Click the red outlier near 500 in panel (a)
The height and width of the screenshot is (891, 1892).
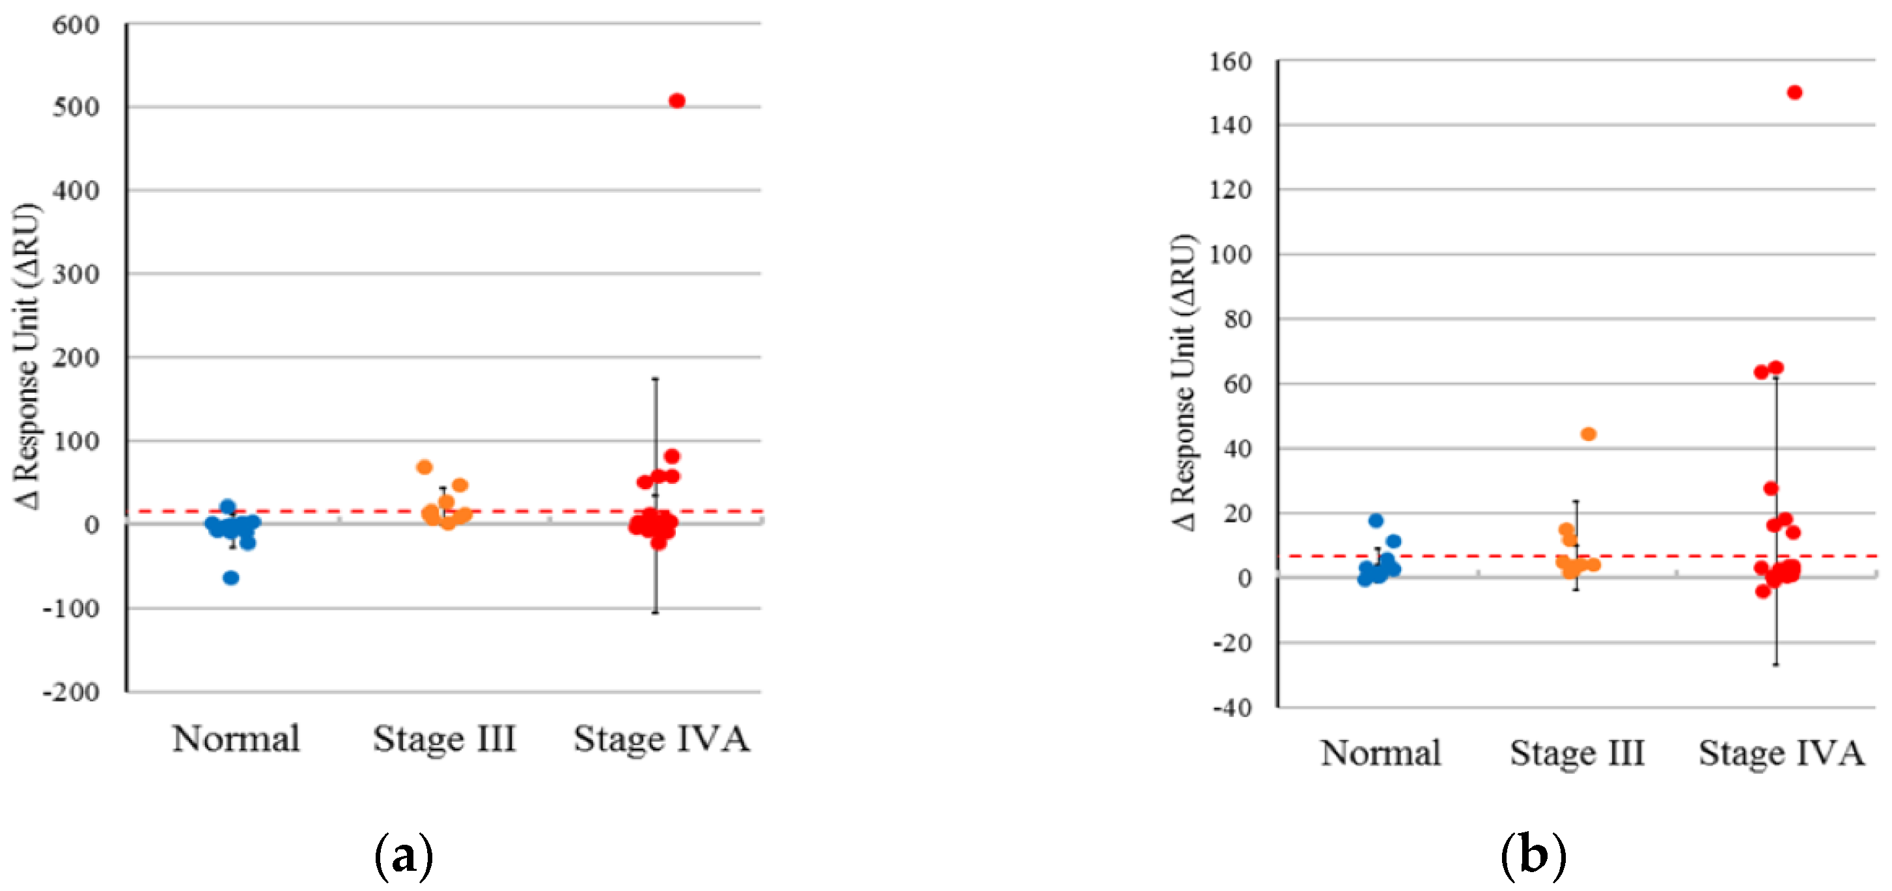tap(676, 101)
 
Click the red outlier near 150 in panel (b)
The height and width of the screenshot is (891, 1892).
tap(1794, 92)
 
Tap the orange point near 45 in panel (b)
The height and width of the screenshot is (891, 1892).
tap(1589, 434)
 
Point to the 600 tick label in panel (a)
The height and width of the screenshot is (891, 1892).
tap(76, 25)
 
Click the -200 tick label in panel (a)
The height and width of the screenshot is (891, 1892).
tap(71, 692)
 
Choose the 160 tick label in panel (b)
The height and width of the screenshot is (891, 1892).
tap(1231, 62)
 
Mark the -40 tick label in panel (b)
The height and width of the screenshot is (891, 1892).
tap(1232, 707)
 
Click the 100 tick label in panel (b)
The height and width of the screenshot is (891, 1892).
tap(1231, 255)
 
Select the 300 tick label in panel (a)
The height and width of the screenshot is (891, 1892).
tap(76, 275)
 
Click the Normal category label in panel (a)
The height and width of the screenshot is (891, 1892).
tap(236, 738)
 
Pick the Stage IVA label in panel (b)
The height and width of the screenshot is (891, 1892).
tap(1781, 753)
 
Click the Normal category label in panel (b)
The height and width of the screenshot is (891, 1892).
tap(1380, 753)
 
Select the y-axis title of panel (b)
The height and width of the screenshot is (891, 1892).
tap(1182, 382)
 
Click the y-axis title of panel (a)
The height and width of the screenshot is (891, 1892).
tap(27, 356)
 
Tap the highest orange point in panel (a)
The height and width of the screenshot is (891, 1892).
tap(424, 467)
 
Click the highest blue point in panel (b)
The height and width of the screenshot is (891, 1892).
tap(1376, 521)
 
